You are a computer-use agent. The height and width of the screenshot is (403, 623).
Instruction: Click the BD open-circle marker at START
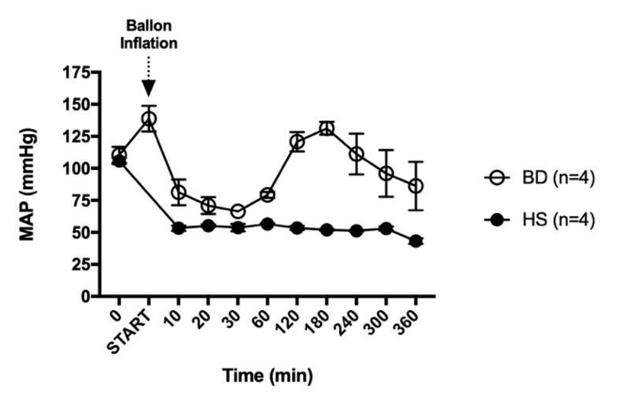point(149,119)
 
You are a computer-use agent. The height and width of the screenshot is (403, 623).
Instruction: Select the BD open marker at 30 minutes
point(238,212)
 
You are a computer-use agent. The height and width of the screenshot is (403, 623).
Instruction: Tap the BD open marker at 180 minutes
point(327,129)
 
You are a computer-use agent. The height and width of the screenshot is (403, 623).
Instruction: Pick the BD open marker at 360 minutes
point(415,186)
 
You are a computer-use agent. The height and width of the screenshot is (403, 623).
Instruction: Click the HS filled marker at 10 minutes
point(178,228)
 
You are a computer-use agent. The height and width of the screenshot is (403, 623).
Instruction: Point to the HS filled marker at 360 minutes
point(415,241)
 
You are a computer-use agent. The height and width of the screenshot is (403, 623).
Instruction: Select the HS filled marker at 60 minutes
point(267,224)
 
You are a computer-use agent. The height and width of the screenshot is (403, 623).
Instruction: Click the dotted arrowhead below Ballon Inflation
point(149,88)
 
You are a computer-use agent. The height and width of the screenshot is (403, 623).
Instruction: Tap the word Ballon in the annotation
point(149,26)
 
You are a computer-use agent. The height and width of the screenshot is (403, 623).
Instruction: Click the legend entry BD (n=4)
point(540,178)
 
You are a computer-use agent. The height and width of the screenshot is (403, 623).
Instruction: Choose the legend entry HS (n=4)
point(540,219)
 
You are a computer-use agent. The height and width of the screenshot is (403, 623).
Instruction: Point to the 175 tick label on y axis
point(76,73)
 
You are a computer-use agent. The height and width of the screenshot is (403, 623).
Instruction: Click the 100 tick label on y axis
point(76,168)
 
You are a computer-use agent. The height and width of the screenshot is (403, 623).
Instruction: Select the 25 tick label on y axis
point(81,265)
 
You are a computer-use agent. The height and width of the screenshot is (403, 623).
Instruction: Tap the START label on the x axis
point(130,332)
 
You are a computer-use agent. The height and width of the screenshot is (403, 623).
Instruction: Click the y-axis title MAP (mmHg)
point(28,185)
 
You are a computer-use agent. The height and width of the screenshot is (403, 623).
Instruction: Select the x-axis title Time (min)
point(267,375)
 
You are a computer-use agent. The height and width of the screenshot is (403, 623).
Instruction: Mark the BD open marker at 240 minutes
point(356,153)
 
